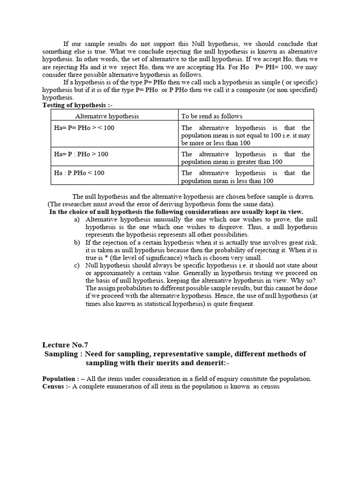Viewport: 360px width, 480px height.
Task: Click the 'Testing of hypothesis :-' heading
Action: pyautogui.click(x=74, y=105)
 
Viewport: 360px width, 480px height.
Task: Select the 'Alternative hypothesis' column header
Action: pyautogui.click(x=107, y=116)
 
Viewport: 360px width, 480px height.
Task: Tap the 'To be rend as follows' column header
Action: pyautogui.click(x=212, y=116)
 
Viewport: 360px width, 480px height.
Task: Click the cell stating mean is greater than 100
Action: pyautogui.click(x=246, y=157)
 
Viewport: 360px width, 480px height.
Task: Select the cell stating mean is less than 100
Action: pyautogui.click(x=246, y=177)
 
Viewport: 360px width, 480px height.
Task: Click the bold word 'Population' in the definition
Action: pyautogui.click(x=60, y=379)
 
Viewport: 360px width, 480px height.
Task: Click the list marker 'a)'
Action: pyautogui.click(x=77, y=219)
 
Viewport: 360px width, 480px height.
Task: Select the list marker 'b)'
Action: pyautogui.click(x=77, y=242)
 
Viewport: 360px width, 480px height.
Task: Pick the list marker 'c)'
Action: pyautogui.click(x=77, y=265)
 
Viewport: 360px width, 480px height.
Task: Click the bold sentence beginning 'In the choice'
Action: pyautogui.click(x=176, y=212)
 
